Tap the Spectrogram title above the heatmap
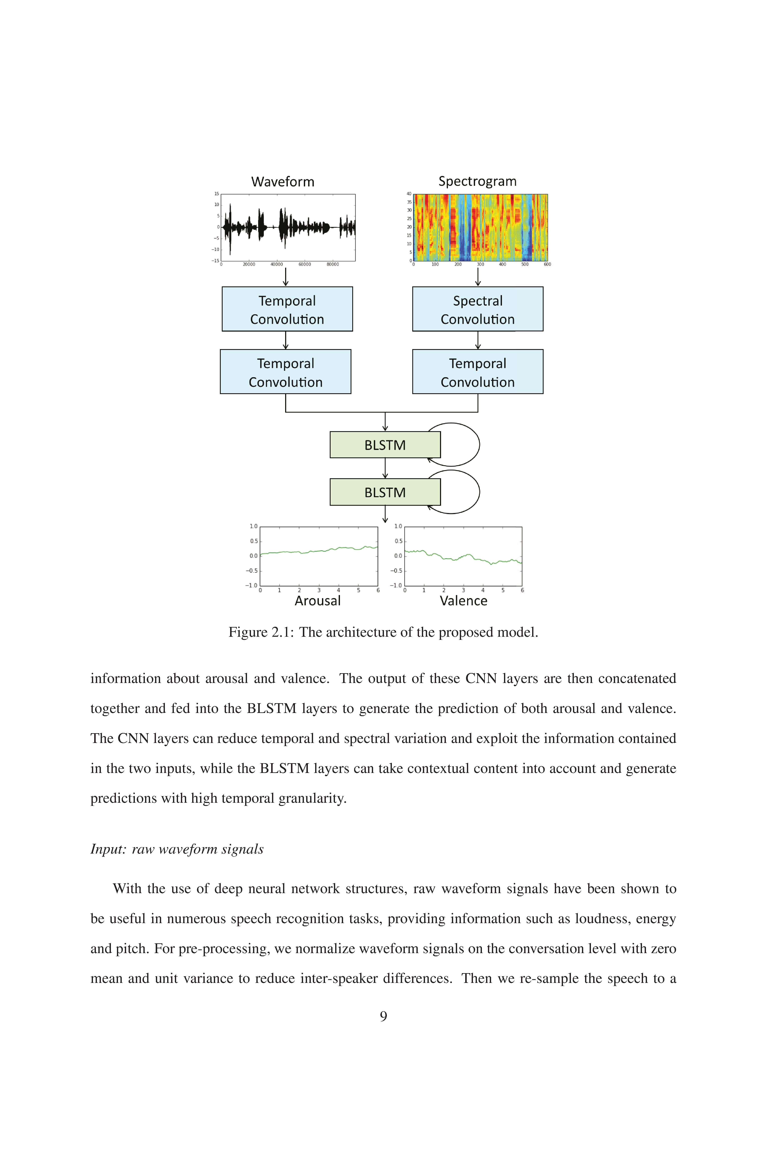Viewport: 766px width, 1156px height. tap(477, 182)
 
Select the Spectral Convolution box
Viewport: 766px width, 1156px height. tap(478, 309)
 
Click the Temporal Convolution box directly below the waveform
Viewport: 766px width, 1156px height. tap(287, 309)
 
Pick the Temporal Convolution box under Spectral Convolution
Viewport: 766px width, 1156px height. tap(478, 372)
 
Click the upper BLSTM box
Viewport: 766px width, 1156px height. tap(385, 445)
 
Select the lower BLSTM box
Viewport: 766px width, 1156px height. tap(385, 492)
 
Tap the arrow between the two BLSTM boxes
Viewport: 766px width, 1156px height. tap(385, 468)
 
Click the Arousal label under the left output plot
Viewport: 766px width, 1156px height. tap(317, 601)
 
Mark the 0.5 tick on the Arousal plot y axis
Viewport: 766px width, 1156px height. tap(253, 541)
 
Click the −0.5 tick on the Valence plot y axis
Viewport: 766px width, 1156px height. tap(396, 571)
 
